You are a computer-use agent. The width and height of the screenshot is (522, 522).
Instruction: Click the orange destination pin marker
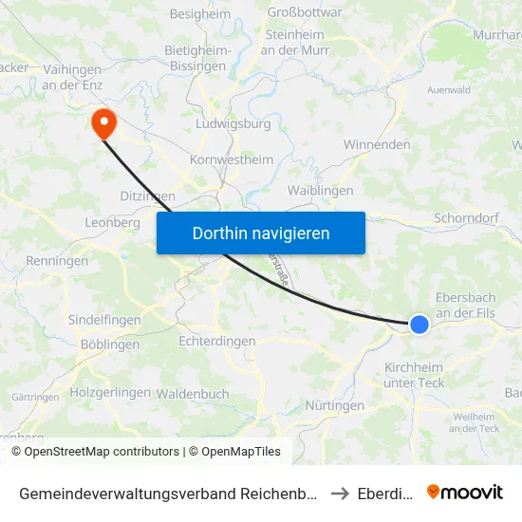(x=102, y=122)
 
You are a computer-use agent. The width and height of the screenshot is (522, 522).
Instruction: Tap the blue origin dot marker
(x=419, y=325)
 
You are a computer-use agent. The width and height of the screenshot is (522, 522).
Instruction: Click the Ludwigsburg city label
(x=233, y=123)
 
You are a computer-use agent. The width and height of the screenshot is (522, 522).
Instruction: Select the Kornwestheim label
(x=232, y=160)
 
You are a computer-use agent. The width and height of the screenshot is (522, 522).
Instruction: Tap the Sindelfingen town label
(x=103, y=321)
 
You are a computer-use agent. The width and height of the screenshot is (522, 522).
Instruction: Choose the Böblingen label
(x=110, y=345)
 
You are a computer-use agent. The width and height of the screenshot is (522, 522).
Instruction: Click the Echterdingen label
(x=216, y=341)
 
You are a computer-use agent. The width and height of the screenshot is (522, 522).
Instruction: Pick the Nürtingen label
(x=335, y=405)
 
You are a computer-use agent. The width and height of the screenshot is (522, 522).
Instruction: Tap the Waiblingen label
(x=320, y=191)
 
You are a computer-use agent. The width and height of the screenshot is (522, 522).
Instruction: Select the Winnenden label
(x=376, y=145)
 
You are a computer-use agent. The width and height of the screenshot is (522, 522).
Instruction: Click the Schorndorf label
(x=466, y=217)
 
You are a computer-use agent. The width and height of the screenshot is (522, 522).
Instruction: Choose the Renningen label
(x=57, y=260)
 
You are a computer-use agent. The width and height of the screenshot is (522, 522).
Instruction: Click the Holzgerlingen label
(x=110, y=392)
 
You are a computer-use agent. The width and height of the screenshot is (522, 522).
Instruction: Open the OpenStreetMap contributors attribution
(x=95, y=452)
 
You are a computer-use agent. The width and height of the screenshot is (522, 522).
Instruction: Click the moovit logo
(x=464, y=492)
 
